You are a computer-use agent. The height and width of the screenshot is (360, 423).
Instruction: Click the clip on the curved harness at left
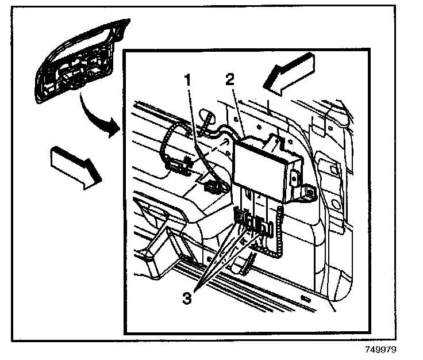click(x=178, y=167)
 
